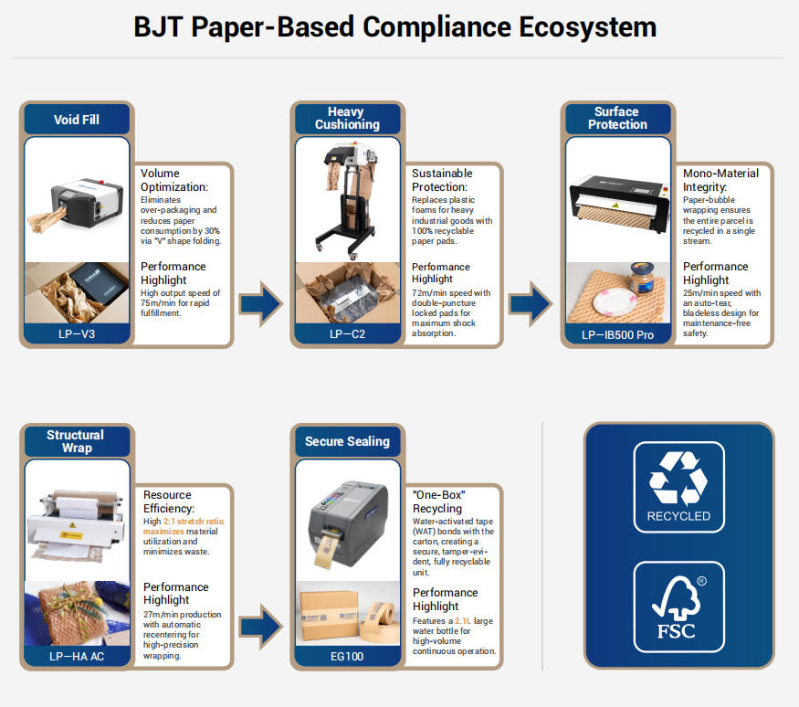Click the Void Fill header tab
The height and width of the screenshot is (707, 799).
(77, 120)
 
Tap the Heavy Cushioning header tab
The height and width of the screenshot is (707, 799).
(347, 118)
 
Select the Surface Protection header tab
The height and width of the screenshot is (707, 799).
(616, 118)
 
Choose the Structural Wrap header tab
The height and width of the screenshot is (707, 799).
(77, 441)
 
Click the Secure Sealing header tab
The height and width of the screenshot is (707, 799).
(347, 441)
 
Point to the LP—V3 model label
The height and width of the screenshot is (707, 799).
(77, 334)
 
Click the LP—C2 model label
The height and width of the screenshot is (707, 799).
(347, 334)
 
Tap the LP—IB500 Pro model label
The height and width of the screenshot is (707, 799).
(617, 334)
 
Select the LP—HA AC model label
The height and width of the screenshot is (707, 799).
(77, 656)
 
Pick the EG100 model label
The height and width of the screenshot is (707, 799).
(347, 656)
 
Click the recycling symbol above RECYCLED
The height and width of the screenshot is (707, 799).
(678, 479)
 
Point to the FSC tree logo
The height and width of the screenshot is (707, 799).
(678, 603)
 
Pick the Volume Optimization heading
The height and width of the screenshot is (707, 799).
(173, 180)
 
